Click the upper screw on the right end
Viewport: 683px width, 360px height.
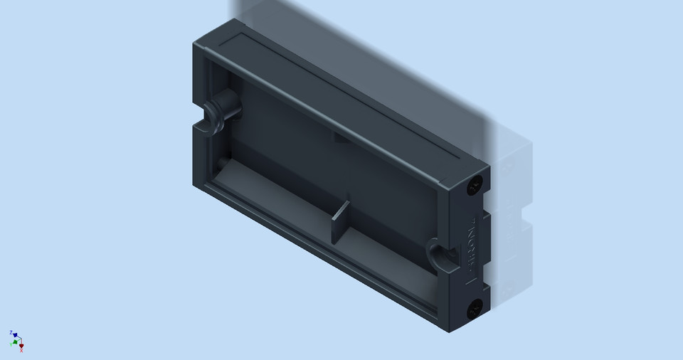[475, 186]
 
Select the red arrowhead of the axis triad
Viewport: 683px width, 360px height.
[21, 345]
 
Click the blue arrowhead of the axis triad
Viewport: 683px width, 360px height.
[15, 334]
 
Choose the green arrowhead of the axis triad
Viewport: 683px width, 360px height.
[15, 342]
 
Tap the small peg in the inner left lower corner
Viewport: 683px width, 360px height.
[225, 164]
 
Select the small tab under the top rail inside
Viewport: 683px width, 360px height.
[341, 138]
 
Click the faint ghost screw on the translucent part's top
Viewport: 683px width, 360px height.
[508, 168]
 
